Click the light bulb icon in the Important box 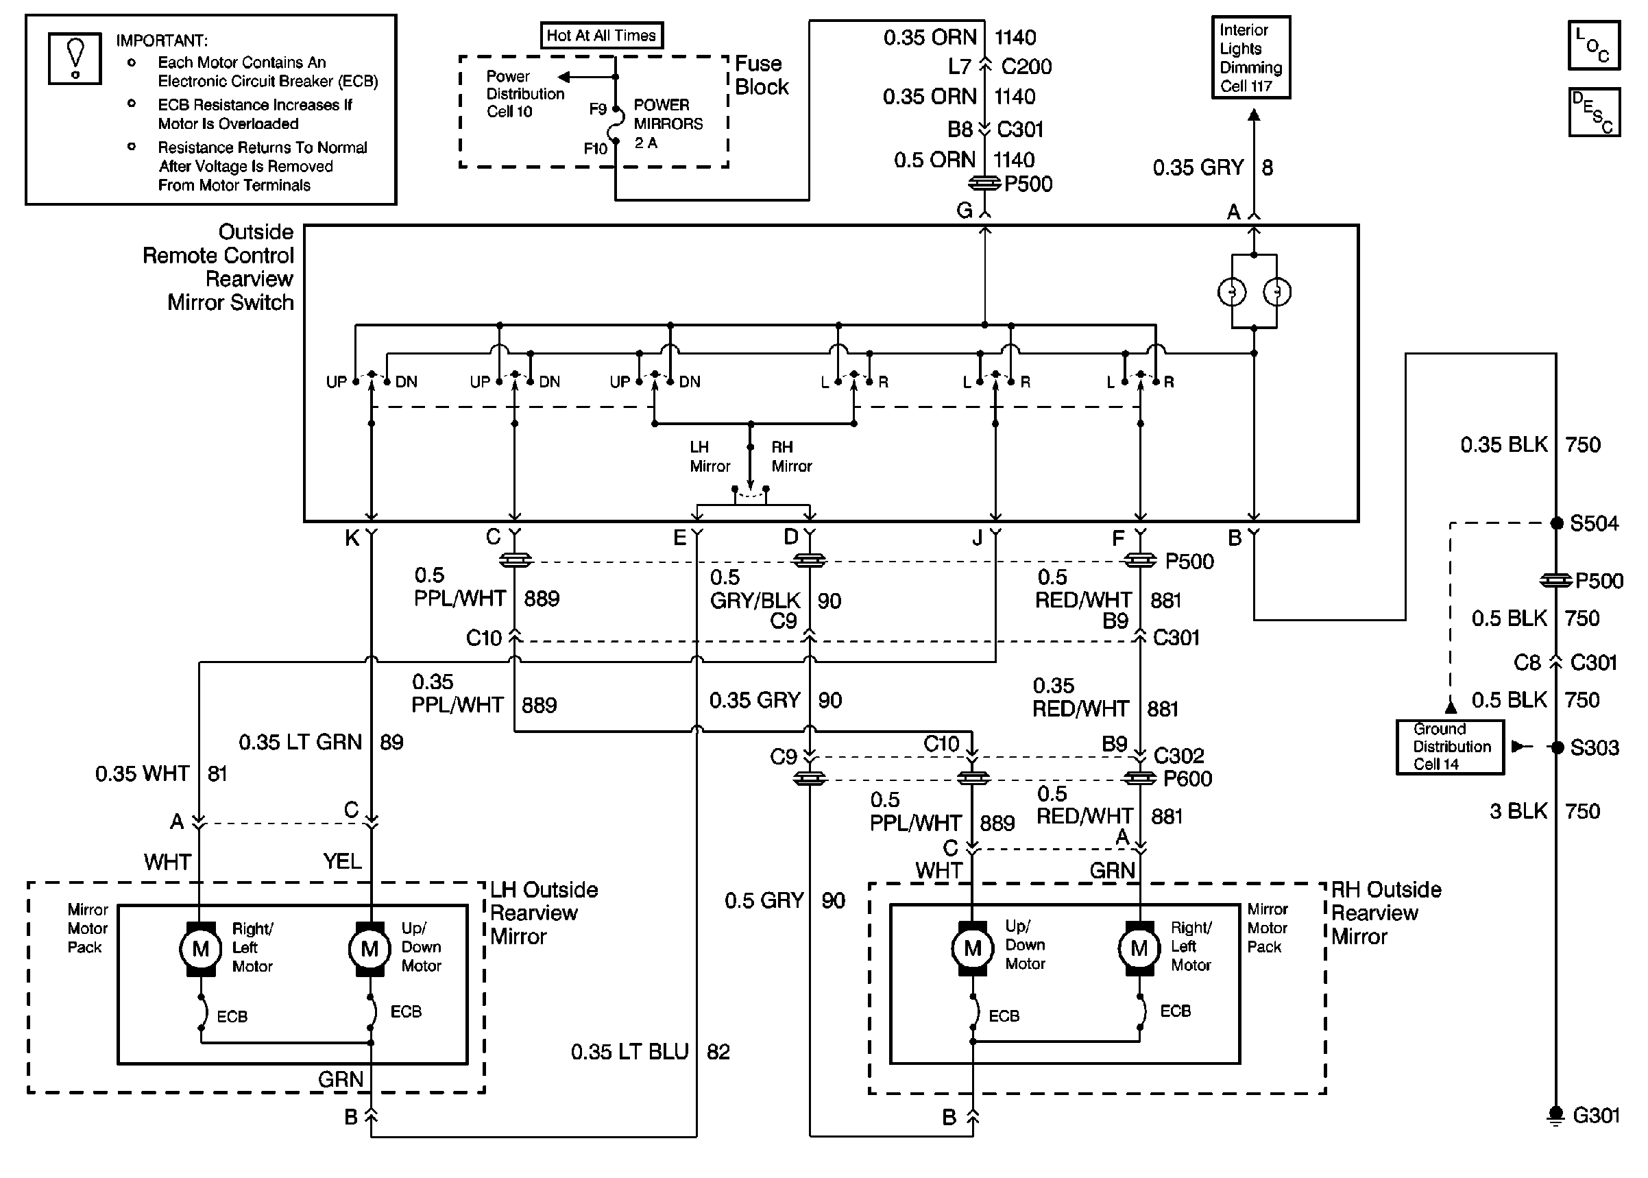(75, 58)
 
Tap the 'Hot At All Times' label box (601, 36)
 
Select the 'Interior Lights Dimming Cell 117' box (1250, 58)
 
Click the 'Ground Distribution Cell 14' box (1450, 747)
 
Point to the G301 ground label (1596, 1115)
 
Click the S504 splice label (1594, 523)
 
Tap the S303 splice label (1594, 747)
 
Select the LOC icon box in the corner (1594, 45)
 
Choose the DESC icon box (1594, 112)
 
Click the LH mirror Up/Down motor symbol (369, 948)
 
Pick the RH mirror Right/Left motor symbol (1139, 948)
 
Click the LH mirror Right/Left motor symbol (201, 948)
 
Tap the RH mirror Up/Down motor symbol (972, 948)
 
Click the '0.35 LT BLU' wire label (629, 1052)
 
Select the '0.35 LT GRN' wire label (300, 742)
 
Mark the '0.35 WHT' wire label (142, 774)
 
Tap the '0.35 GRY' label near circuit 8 (1198, 167)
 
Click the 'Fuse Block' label (762, 75)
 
